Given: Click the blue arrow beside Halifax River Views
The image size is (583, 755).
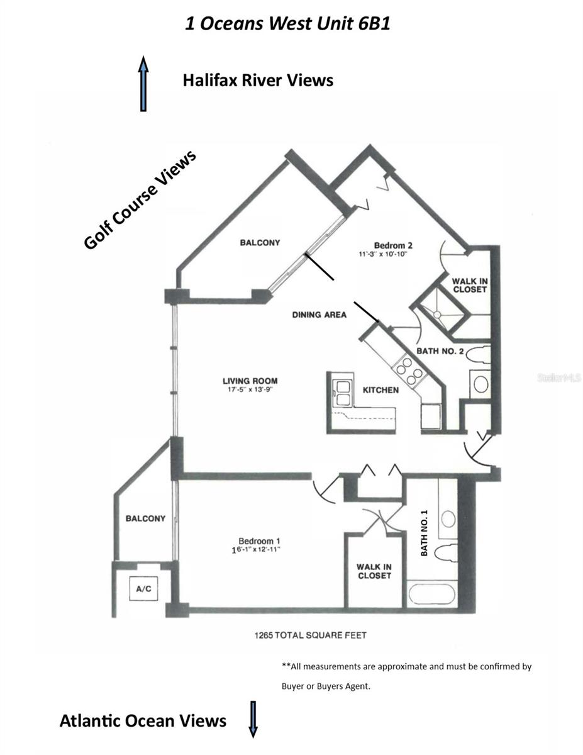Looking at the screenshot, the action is coord(143,84).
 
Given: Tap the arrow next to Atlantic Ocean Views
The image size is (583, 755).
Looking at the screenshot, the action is coord(253,719).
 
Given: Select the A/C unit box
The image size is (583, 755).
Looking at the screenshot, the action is coord(143,588).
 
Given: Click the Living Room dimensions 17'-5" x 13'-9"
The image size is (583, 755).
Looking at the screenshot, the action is coord(250,389).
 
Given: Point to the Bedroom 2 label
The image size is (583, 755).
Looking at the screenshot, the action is coord(393,245).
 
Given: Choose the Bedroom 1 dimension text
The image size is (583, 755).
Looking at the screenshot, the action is coord(256,550).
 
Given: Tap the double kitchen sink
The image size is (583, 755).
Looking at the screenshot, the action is coord(342,393).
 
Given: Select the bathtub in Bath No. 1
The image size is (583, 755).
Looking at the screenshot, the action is coord(431,594).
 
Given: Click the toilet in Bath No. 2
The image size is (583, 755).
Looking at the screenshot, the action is coord(478,355).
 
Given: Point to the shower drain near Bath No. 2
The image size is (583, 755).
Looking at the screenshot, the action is coord(437,315).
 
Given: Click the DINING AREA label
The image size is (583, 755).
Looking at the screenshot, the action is coord(319,315).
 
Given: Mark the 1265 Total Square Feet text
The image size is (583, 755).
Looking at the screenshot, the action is coord(311,635).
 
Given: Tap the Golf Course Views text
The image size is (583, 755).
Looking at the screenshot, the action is coord(140,199).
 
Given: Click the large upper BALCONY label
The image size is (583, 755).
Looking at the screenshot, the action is coord(260,242).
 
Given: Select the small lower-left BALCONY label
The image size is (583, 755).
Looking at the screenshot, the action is coord(145,518).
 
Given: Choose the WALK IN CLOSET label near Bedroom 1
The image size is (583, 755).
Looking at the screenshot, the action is coord(374,571).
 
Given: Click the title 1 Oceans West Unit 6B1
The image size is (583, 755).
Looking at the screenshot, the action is coord(288,24).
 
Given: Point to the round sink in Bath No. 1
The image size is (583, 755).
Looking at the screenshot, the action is coord(448,519).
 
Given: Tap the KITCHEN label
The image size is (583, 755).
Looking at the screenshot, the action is coord(380,390).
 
